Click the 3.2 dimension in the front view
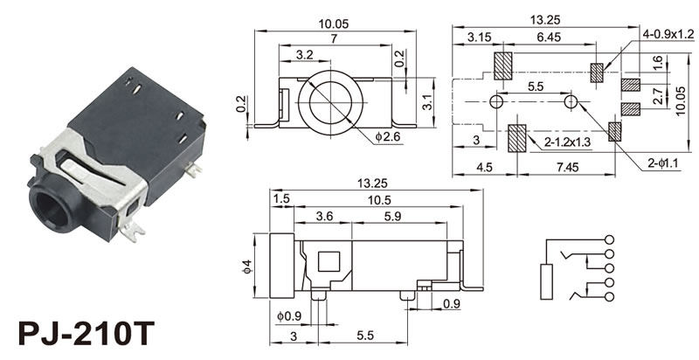pyautogui.click(x=305, y=54)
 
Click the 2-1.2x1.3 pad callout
pyautogui.click(x=566, y=142)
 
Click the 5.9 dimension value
pyautogui.click(x=392, y=215)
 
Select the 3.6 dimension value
pyautogui.click(x=323, y=215)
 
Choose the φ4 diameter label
pyautogui.click(x=248, y=266)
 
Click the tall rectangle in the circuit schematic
pyautogui.click(x=548, y=280)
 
